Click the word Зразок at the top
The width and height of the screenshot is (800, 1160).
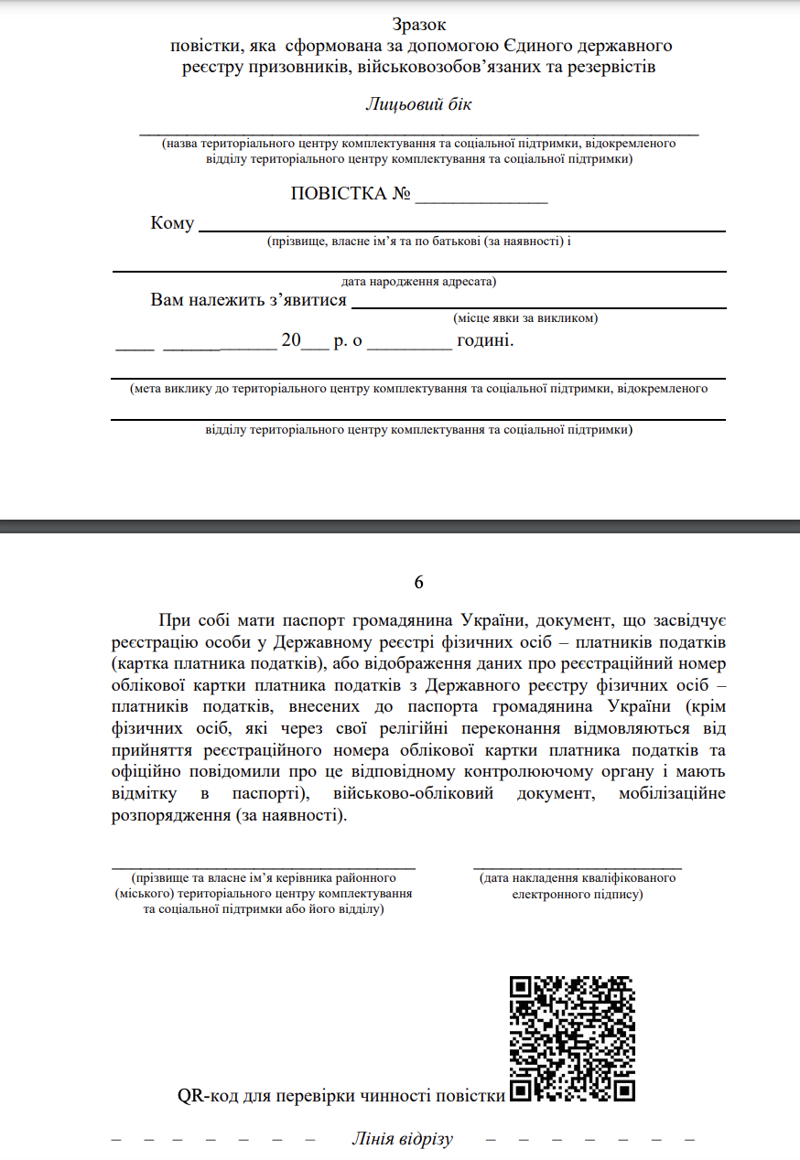pos(419,25)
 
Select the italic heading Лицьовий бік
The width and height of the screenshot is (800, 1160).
pos(419,103)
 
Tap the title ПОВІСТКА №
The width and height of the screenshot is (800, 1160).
pos(350,194)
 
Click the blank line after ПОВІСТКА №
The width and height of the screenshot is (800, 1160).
pos(481,196)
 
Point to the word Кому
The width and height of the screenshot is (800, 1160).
pos(172,224)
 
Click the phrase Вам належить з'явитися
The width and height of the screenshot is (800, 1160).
pos(248,301)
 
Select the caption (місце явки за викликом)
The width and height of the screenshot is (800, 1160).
pos(525,318)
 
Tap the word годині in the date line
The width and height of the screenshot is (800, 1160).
pos(485,340)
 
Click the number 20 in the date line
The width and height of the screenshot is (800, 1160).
pos(291,340)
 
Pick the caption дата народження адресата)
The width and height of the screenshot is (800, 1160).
pos(419,281)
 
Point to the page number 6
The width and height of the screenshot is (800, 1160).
pos(419,583)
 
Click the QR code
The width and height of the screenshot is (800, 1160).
pos(572,1038)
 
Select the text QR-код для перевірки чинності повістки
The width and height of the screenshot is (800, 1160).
pos(341,1096)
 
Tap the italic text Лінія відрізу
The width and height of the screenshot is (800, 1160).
pos(402,1139)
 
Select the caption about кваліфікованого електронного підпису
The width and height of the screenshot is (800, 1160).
pos(578,886)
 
